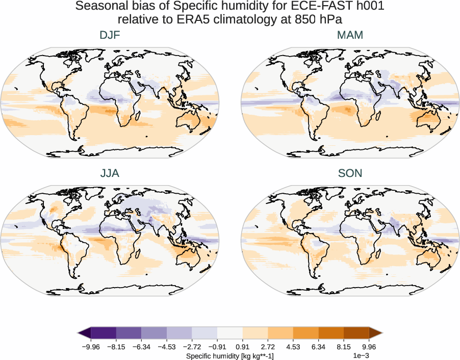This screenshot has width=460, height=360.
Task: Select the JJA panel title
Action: click(110, 173)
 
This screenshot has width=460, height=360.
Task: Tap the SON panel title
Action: click(350, 173)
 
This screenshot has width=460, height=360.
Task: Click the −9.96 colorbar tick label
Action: click(90, 347)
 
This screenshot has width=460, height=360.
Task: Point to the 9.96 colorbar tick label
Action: click(369, 347)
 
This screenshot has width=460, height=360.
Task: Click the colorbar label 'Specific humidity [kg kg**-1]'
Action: click(229, 355)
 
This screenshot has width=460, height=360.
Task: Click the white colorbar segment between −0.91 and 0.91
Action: click(229, 333)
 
